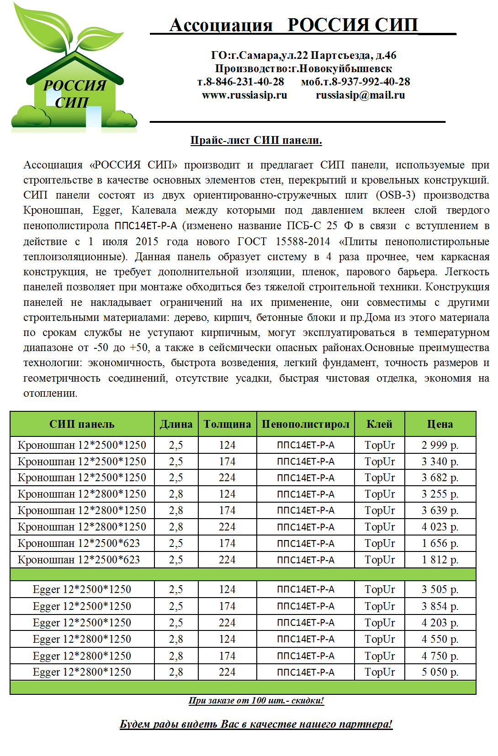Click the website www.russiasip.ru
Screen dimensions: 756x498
click(244, 95)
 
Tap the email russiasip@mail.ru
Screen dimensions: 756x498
click(360, 95)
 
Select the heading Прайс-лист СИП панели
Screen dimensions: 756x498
click(256, 140)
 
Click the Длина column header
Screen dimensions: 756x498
click(176, 424)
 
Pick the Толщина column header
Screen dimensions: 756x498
click(227, 424)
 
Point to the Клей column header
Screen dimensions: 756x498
click(379, 424)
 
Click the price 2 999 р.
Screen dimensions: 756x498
click(440, 445)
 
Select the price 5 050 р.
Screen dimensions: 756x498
click(440, 672)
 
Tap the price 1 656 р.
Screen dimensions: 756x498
click(440, 543)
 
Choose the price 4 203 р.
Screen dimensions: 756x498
click(440, 623)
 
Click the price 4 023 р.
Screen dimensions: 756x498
click(440, 527)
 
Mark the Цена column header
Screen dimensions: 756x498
click(440, 424)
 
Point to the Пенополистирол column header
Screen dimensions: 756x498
click(305, 424)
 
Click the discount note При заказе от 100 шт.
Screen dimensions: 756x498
click(256, 700)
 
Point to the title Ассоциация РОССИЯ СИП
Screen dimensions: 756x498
click(293, 25)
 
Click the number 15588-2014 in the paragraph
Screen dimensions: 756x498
click(302, 241)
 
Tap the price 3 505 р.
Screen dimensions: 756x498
click(440, 589)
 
